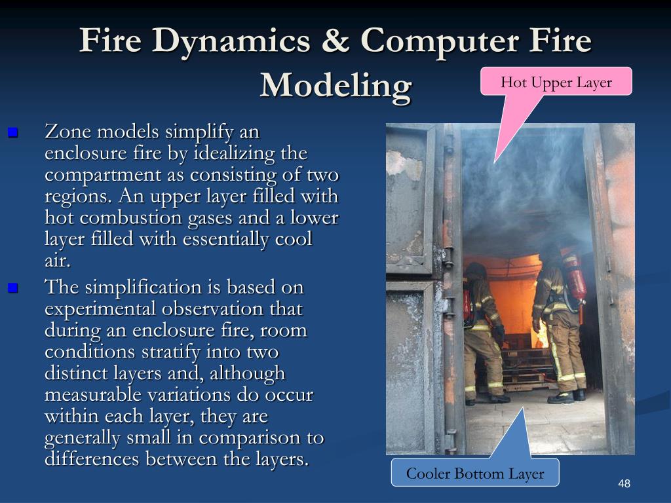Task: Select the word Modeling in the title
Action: click(335, 85)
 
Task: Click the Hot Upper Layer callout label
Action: click(556, 83)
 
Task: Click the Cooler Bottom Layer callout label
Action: click(475, 474)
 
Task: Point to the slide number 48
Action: click(624, 484)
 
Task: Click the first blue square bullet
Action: click(12, 133)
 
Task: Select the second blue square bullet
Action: click(12, 288)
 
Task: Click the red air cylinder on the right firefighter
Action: click(575, 278)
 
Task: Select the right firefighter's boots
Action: click(567, 396)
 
